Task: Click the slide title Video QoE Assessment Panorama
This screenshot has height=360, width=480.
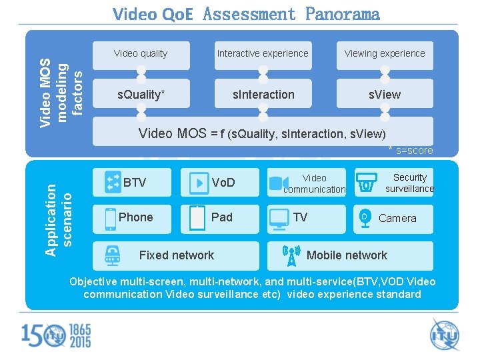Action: (246, 14)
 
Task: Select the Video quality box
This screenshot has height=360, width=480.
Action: (141, 54)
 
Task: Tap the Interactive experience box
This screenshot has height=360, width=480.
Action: (263, 54)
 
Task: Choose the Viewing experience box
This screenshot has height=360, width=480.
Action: (385, 54)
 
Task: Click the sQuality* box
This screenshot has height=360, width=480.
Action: (141, 95)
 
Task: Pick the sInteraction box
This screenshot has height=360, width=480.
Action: (263, 95)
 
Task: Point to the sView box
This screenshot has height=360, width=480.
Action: (385, 95)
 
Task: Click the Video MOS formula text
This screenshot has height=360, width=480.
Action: (262, 133)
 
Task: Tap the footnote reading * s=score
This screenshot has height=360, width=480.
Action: (410, 151)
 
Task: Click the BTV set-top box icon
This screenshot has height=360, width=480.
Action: (112, 181)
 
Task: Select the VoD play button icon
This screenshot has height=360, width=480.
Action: (198, 182)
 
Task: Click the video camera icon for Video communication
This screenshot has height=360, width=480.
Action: (277, 182)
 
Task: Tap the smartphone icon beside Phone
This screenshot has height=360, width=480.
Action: (110, 219)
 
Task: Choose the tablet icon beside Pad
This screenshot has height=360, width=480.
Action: (197, 218)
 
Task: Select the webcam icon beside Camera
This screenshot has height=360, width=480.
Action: (364, 219)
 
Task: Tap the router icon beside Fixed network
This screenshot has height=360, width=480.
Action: (113, 255)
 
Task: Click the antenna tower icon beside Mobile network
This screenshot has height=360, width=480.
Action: (291, 255)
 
